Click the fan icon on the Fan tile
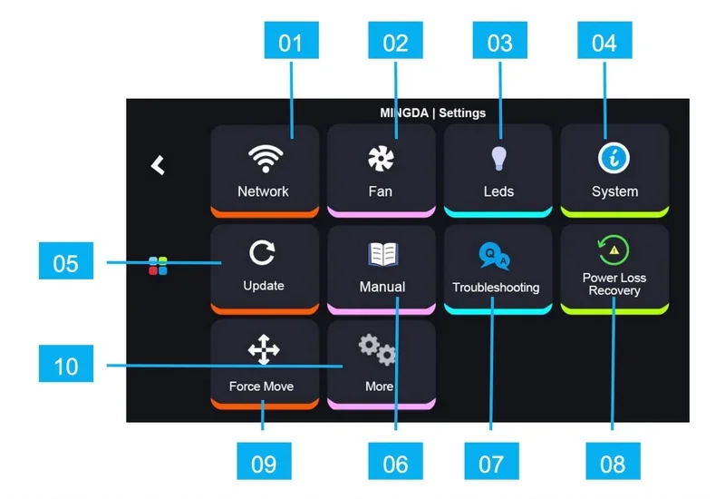380,159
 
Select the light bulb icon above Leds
498,158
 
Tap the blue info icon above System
614,158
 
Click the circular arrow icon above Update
263,254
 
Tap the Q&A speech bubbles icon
495,258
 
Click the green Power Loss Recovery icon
614,249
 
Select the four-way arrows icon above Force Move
263,349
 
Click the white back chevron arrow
159,165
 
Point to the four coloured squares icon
159,266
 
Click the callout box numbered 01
290,43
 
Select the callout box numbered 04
604,43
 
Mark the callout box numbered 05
66,263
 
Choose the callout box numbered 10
66,367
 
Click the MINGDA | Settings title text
432,113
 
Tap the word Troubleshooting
496,288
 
